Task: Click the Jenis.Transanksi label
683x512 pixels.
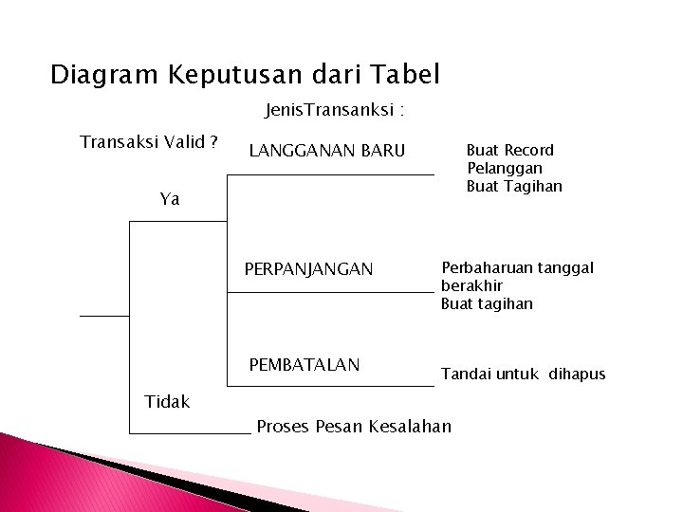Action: coord(335,112)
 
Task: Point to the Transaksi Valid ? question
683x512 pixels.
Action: coord(149,142)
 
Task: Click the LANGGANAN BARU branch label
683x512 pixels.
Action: coord(326,151)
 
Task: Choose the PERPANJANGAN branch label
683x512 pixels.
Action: coord(308,269)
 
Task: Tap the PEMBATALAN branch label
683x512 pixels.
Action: coord(304,364)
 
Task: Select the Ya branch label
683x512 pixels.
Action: coord(170,199)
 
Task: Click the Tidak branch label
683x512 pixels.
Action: coord(167,401)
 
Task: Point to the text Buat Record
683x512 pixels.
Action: coord(510,150)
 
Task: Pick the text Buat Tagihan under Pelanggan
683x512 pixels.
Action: coord(514,186)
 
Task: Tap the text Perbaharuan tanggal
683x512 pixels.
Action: coord(517,267)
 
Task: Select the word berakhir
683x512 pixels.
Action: coord(471,285)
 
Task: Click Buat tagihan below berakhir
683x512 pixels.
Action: coord(487,303)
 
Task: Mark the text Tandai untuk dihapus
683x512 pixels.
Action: coord(523,374)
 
